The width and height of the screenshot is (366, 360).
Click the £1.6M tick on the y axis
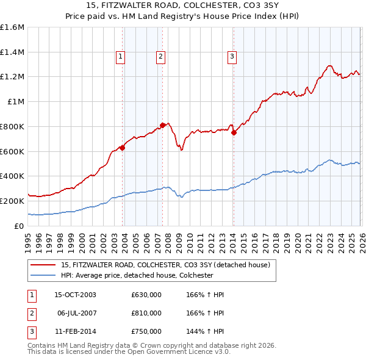pos(12,27)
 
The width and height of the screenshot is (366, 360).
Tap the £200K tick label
pos(12,201)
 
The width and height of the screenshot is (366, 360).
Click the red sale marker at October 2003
pos(122,147)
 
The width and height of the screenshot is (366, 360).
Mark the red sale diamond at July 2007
pos(162,125)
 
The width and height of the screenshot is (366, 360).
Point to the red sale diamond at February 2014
pos(234,132)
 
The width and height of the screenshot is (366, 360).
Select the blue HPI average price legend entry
pos(137,275)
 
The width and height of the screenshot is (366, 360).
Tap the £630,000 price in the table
pos(146,295)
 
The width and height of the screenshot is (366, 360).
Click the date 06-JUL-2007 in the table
pos(77,313)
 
